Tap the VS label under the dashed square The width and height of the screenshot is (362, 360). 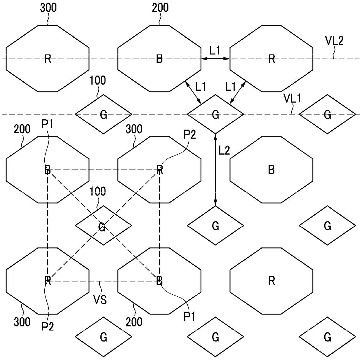(x=100, y=300)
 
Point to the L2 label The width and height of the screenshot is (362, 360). (x=224, y=151)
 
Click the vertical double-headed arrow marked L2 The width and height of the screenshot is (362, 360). (x=215, y=169)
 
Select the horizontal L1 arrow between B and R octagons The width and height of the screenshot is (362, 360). (x=215, y=59)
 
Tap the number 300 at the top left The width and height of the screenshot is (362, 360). (x=48, y=8)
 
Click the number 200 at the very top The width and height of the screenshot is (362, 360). (x=160, y=8)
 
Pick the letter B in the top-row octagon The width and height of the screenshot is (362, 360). (x=159, y=59)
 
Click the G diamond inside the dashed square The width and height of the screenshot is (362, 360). (x=103, y=226)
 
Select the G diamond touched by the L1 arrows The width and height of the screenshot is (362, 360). (x=215, y=114)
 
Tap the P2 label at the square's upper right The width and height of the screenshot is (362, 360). (x=190, y=135)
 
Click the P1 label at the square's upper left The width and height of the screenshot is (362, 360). (x=47, y=124)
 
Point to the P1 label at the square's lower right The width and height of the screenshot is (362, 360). (x=190, y=316)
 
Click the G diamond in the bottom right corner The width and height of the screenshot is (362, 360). (x=327, y=337)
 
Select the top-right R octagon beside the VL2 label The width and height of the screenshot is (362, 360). (x=271, y=59)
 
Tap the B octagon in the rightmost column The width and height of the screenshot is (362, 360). (x=271, y=169)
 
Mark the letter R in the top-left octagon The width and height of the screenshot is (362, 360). (x=48, y=59)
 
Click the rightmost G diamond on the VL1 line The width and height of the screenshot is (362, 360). (x=327, y=114)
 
